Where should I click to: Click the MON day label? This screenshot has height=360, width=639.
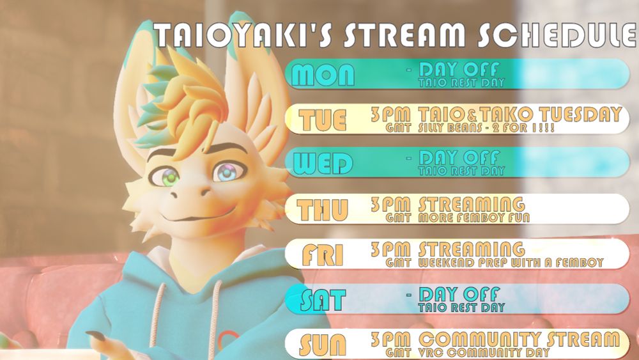click(x=323, y=75)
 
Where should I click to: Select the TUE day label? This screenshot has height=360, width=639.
click(x=322, y=120)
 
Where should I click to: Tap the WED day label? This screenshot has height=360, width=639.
click(x=323, y=164)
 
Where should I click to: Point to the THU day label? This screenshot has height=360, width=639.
click(x=322, y=210)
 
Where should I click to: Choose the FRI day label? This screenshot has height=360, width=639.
click(x=322, y=254)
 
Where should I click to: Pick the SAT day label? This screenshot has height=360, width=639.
click(x=323, y=300)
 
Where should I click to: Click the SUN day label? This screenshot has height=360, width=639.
click(x=322, y=345)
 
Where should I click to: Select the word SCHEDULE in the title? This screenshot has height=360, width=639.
click(x=557, y=35)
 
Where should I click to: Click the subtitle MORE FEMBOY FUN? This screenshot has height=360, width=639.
click(x=474, y=217)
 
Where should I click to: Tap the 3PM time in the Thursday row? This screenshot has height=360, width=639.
click(x=390, y=204)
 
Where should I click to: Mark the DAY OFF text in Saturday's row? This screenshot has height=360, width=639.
click(x=459, y=294)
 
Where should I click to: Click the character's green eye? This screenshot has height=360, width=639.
click(x=168, y=177)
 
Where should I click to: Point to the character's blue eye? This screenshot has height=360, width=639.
click(x=229, y=172)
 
